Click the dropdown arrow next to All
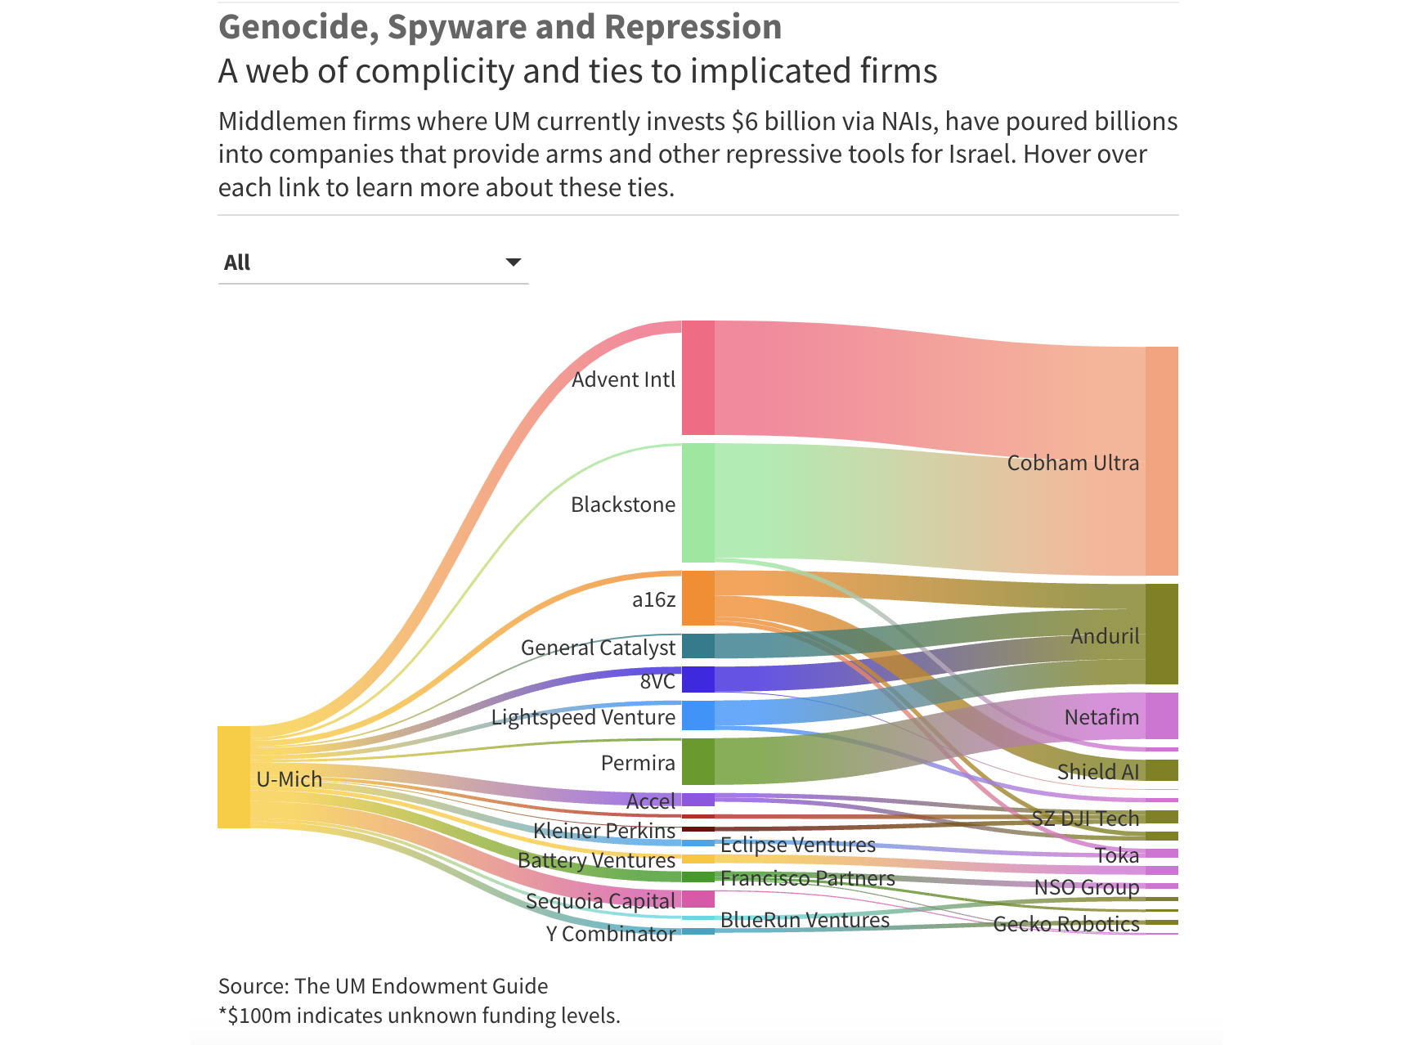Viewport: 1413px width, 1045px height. tap(513, 262)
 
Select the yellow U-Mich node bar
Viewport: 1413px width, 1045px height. tap(234, 777)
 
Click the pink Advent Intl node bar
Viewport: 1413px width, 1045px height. tap(698, 378)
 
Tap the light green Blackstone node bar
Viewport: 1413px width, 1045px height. tap(698, 503)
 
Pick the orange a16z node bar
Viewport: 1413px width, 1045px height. tap(698, 599)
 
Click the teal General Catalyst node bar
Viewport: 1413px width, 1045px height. tap(698, 646)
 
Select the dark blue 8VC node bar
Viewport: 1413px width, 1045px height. tap(698, 679)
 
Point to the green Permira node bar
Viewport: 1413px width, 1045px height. tap(698, 761)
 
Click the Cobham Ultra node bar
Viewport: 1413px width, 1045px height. tap(1161, 461)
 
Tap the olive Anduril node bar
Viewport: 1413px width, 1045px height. tap(1161, 634)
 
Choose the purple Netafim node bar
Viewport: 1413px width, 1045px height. tap(1161, 715)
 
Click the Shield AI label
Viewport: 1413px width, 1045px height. tap(1097, 772)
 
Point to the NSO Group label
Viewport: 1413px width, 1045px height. tap(1086, 887)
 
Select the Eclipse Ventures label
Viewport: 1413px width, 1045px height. tap(797, 845)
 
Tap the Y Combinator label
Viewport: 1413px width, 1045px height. tap(610, 934)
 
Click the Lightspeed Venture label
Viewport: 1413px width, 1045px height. tap(583, 717)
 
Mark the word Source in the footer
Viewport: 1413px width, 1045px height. tap(250, 986)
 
